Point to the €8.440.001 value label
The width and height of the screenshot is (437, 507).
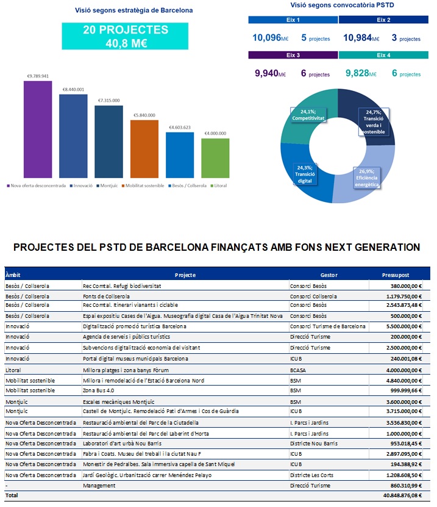point(73,89)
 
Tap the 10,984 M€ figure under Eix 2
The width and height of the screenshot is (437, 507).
point(361,38)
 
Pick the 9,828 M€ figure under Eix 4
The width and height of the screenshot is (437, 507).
point(363,74)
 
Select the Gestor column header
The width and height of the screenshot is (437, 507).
point(329,275)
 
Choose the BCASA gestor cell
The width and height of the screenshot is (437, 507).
point(298,370)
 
